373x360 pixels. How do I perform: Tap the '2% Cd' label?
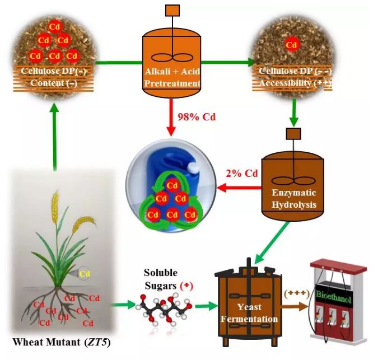242,174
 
